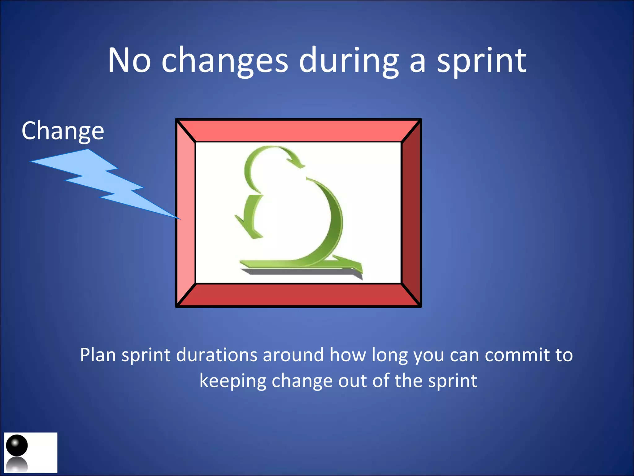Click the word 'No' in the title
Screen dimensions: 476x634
click(x=129, y=60)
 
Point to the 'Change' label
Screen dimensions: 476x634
click(x=63, y=131)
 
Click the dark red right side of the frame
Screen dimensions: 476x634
click(x=411, y=213)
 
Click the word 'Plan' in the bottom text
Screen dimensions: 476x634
click(x=98, y=355)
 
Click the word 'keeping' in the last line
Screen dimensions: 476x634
click(x=232, y=381)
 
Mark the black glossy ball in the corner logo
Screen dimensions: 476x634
click(x=17, y=445)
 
